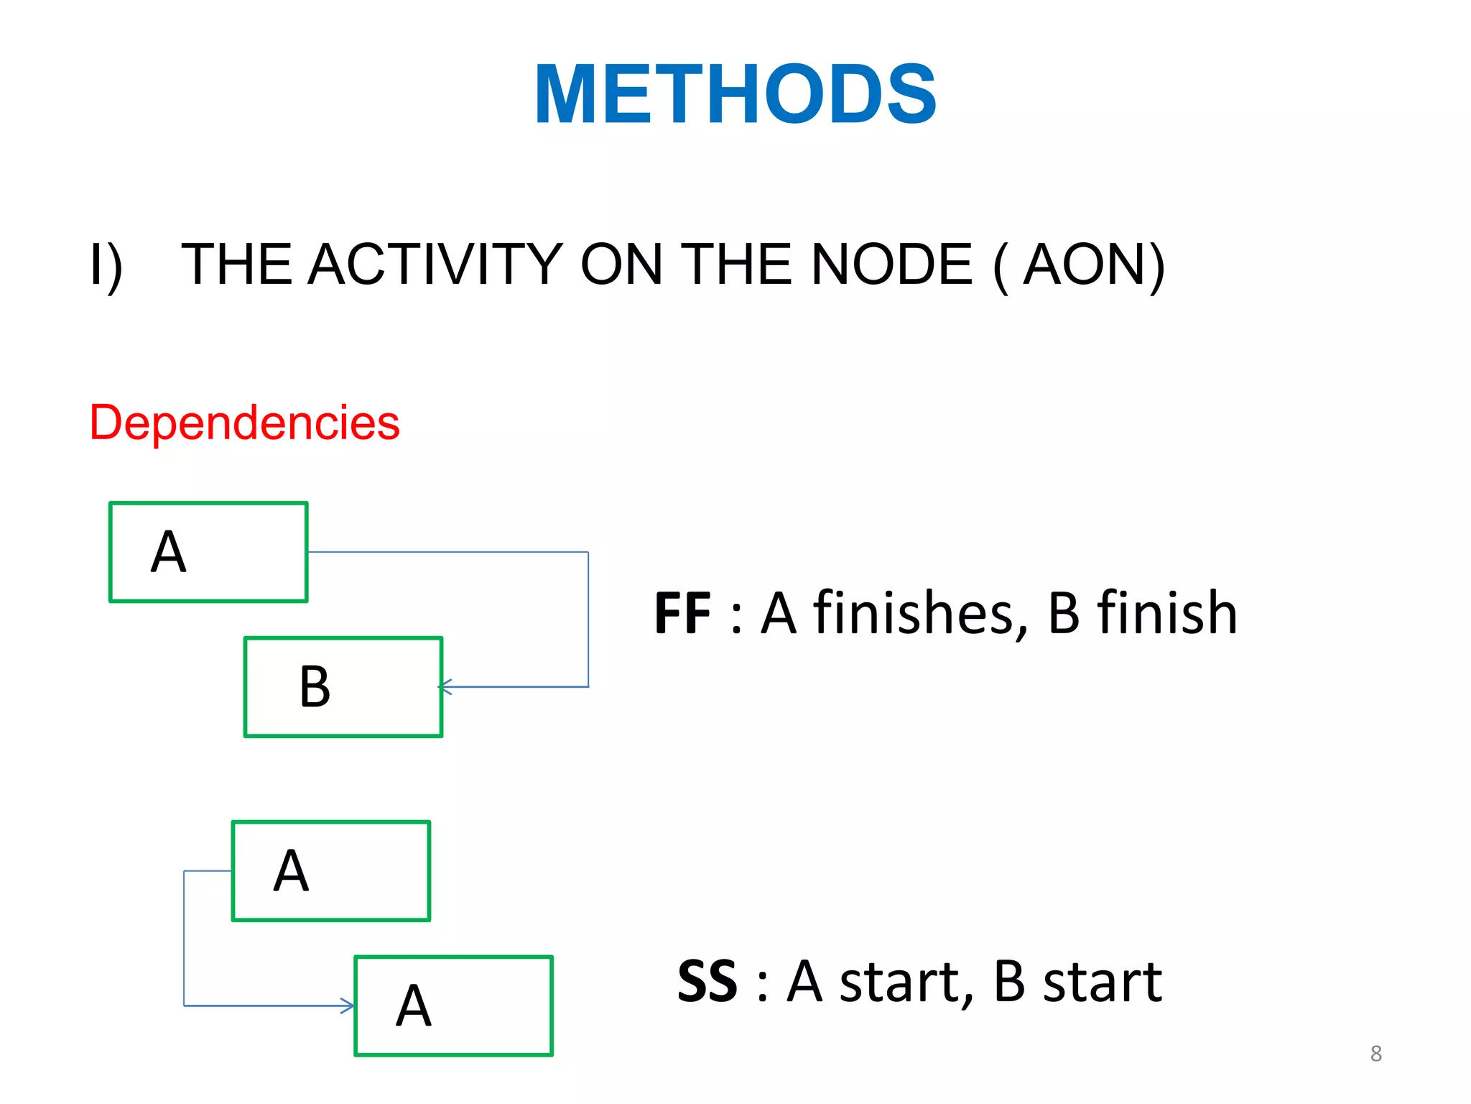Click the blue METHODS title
coord(735,94)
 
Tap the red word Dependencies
coord(244,422)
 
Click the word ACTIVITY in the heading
coord(436,264)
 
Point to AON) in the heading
coord(1093,264)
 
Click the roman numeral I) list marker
coord(106,266)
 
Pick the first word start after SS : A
coord(906,982)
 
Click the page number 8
coord(1375,1054)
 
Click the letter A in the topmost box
coord(169,552)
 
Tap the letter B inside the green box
coord(315,687)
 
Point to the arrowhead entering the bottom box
coord(348,1006)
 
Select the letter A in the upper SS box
coord(291,871)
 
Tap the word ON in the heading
coord(621,264)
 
